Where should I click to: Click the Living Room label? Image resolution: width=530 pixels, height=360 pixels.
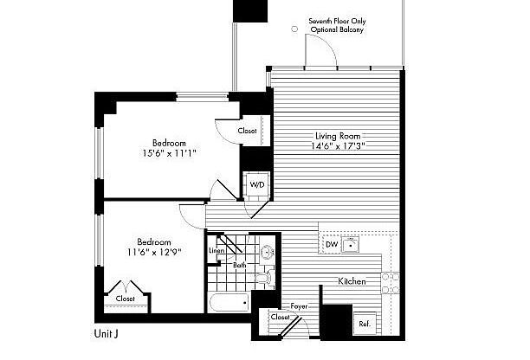tap(338, 136)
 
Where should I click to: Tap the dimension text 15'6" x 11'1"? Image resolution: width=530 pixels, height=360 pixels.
tap(170, 153)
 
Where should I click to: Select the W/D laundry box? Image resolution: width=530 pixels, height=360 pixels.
tap(257, 184)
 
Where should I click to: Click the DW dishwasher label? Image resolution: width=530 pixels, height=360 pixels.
tap(332, 244)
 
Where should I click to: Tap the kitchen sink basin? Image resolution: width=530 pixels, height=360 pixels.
tap(350, 245)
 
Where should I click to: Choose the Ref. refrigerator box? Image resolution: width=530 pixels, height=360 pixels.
tap(365, 324)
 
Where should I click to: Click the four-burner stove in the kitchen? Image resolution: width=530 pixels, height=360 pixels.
tap(390, 283)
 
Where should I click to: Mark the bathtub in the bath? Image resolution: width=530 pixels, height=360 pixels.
tap(229, 302)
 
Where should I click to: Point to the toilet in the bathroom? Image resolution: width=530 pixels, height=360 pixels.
tap(265, 278)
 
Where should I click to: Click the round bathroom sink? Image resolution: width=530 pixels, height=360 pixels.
tap(267, 252)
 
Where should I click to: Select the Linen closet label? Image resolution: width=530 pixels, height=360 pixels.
tap(217, 251)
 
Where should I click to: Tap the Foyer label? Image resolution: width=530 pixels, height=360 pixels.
tap(300, 306)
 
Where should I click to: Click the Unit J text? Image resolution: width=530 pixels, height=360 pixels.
tap(107, 334)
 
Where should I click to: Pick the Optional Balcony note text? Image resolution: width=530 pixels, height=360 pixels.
tap(337, 29)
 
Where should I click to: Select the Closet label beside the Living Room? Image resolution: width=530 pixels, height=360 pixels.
tap(247, 131)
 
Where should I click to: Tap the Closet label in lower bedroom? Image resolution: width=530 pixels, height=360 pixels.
tap(125, 299)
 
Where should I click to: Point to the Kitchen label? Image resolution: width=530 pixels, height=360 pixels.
tap(352, 281)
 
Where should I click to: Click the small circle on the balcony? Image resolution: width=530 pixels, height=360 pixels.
tap(294, 29)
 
